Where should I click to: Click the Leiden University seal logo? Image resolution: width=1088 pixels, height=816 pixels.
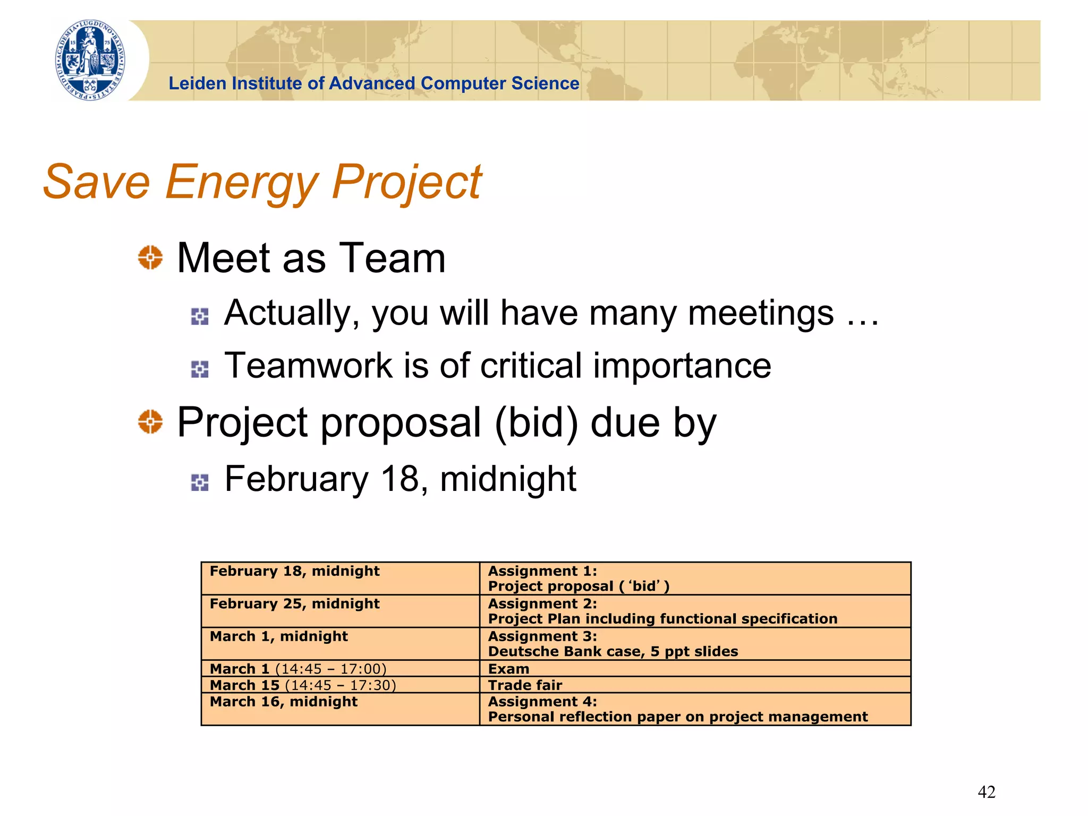[x=91, y=60]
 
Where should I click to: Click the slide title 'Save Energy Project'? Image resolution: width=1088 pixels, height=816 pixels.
[x=262, y=182]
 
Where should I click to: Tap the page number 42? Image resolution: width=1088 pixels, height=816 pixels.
[x=987, y=792]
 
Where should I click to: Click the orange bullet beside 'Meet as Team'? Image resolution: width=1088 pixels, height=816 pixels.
[x=150, y=258]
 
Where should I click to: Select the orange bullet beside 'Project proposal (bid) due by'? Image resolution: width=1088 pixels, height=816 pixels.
[x=150, y=422]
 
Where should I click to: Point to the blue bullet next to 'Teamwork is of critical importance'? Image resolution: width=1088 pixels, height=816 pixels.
[x=200, y=369]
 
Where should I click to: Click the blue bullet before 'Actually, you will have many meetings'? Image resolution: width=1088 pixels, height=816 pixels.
[x=200, y=317]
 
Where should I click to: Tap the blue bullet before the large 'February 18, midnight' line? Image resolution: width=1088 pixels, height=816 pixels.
[x=200, y=482]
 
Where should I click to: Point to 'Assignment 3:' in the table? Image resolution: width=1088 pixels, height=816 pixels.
[x=542, y=636]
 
